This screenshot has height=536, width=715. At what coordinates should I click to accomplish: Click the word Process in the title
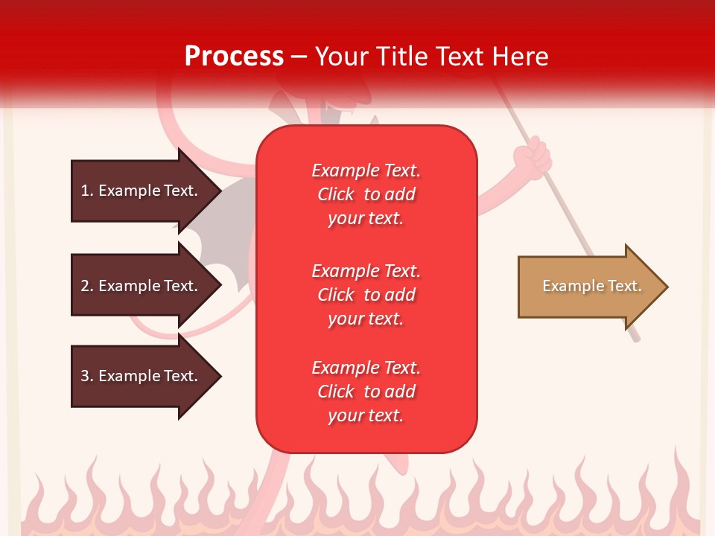[x=234, y=57]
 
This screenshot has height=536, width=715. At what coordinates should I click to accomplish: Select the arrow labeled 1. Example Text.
[x=142, y=191]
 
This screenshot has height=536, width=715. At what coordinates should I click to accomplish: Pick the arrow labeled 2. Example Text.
[x=142, y=286]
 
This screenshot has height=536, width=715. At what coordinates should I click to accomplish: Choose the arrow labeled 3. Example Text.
[x=142, y=376]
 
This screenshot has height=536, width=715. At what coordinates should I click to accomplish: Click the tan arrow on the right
[x=588, y=287]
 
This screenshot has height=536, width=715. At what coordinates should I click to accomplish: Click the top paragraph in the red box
[x=366, y=194]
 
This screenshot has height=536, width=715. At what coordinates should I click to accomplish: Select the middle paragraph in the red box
[x=366, y=295]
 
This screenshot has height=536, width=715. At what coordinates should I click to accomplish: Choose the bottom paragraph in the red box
[x=366, y=392]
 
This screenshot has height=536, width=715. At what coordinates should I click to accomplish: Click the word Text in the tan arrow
[x=624, y=286]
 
